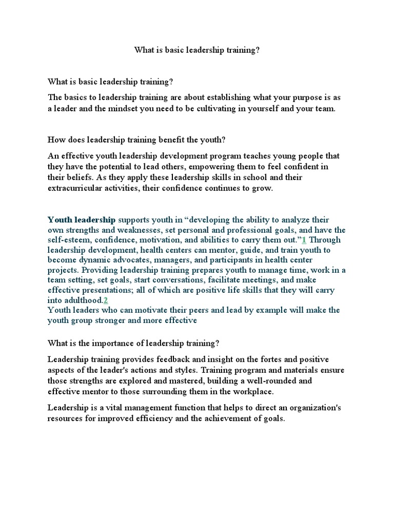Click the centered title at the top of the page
click(197, 51)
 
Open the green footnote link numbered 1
click(304, 240)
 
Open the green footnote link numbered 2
click(106, 300)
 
